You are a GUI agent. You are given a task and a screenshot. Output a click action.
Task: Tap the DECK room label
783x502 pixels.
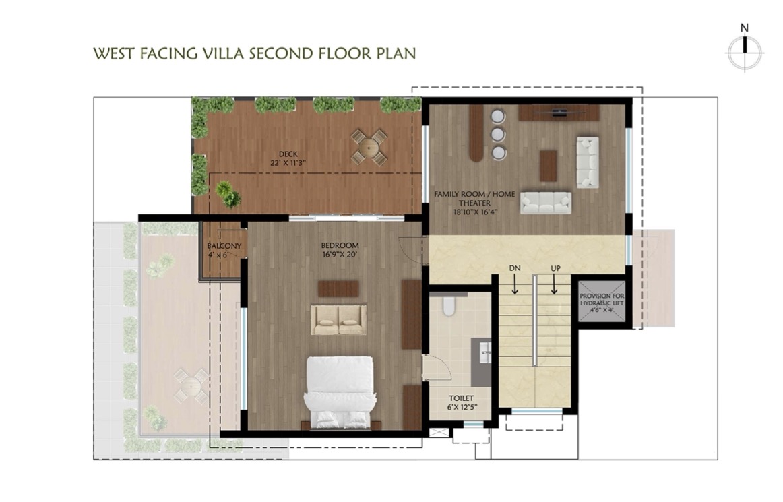288,154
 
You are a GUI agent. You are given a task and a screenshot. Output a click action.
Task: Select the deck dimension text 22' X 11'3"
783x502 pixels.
288,163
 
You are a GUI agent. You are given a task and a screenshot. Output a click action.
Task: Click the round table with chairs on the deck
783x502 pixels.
369,147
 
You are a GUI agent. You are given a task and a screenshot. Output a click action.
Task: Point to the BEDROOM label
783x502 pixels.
340,245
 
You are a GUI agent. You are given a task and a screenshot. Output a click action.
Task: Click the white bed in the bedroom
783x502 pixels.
340,392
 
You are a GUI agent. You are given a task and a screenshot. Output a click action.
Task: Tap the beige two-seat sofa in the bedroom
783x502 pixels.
338,319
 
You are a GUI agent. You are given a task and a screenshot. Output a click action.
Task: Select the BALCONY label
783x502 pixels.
224,246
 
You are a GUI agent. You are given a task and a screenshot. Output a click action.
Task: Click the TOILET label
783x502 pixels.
462,398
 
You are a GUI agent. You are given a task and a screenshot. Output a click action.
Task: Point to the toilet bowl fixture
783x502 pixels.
448,306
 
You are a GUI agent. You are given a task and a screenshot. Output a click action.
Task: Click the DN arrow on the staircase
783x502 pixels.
514,285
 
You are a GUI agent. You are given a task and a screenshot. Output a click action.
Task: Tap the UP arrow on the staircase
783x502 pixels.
555,285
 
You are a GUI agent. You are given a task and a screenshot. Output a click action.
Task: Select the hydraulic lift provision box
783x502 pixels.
602,302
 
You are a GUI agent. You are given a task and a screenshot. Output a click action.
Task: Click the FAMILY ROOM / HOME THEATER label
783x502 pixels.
474,198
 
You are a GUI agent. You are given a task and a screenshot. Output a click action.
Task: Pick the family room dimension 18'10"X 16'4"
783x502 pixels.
476,212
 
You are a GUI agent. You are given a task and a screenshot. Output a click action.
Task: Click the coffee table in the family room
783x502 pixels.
549,166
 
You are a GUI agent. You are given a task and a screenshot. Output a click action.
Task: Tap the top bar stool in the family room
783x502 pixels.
498,117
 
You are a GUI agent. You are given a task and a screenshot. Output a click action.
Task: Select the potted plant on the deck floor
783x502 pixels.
228,194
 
